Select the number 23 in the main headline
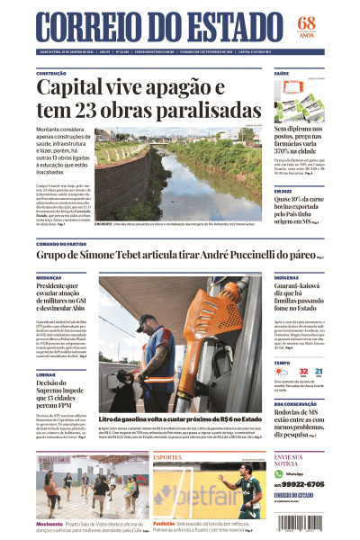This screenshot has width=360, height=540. tap(89, 111)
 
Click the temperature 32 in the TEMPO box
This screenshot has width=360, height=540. tap(303, 371)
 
